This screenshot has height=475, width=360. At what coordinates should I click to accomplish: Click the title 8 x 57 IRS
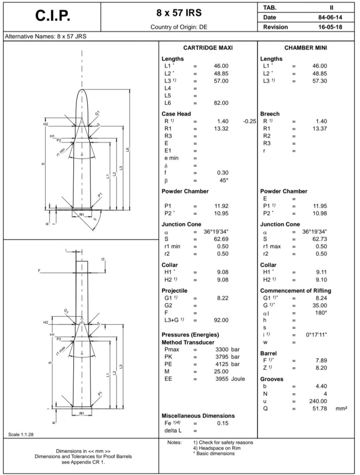[179, 13]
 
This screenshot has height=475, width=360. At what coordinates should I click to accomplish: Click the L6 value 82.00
[220, 103]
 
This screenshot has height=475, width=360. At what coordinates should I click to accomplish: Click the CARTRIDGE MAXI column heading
[208, 48]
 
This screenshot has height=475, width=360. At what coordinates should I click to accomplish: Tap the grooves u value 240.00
[318, 401]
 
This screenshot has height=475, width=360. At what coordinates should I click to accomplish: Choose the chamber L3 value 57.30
[319, 81]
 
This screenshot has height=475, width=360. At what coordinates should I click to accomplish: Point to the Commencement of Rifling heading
[296, 290]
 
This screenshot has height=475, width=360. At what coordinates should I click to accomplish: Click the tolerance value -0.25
[250, 121]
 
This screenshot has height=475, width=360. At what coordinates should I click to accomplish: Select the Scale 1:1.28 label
[21, 434]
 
